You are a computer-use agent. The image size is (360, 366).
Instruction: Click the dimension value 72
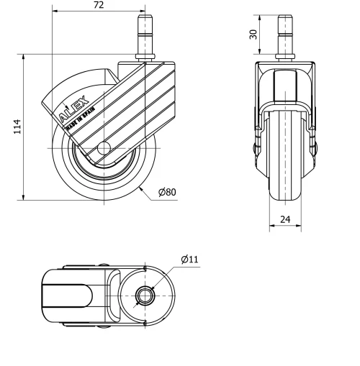pos(99,6)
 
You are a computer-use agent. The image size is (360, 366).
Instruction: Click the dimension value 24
pos(286,219)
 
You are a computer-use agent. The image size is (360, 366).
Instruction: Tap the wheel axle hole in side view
pos(102,149)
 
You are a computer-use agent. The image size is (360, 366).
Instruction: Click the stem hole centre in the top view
pos(144,296)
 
